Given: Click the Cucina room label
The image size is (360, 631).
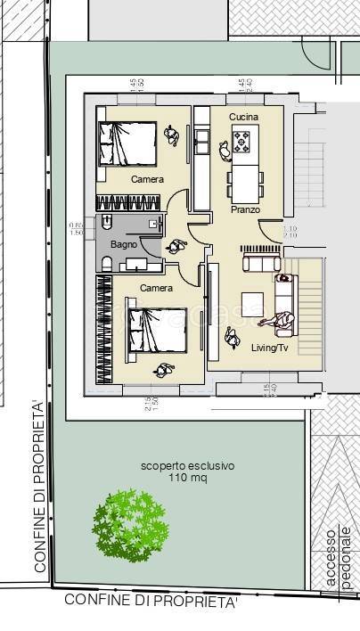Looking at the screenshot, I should [x=244, y=118].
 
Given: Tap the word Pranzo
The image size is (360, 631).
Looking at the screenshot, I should [x=245, y=209].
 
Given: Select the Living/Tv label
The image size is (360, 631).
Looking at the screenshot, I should [x=268, y=348].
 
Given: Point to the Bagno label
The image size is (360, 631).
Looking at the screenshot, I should [x=123, y=243].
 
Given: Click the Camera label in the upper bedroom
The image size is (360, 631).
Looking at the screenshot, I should [x=147, y=180].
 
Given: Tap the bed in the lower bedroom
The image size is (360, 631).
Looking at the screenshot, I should [x=156, y=329].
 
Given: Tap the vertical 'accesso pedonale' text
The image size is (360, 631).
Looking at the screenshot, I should [x=338, y=557].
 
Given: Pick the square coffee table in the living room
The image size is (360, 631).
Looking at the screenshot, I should [x=254, y=301].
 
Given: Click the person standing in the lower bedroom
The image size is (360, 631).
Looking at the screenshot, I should [x=163, y=369].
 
